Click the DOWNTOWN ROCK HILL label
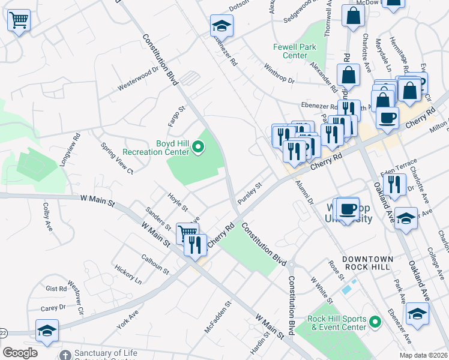367,264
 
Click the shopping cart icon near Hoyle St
187,233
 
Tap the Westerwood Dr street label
137,78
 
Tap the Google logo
20,353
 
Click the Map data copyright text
423,355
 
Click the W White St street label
321,290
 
